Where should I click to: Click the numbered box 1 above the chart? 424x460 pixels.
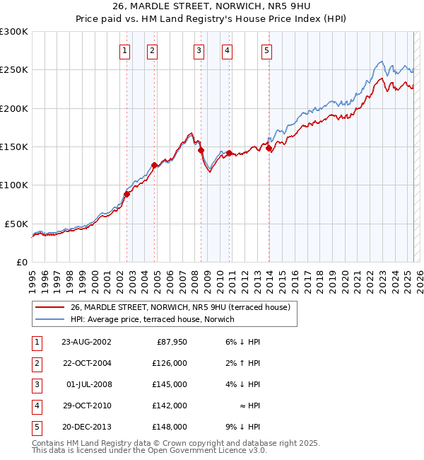(x=124, y=50)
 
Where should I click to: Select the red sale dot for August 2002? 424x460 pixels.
(x=127, y=194)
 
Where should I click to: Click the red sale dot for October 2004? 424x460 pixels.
(x=154, y=165)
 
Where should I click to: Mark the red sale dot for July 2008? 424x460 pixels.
(x=201, y=151)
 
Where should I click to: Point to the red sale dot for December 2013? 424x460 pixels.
(x=269, y=148)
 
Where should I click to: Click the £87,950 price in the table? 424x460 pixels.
(x=170, y=342)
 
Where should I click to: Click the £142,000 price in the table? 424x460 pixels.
(x=170, y=406)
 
